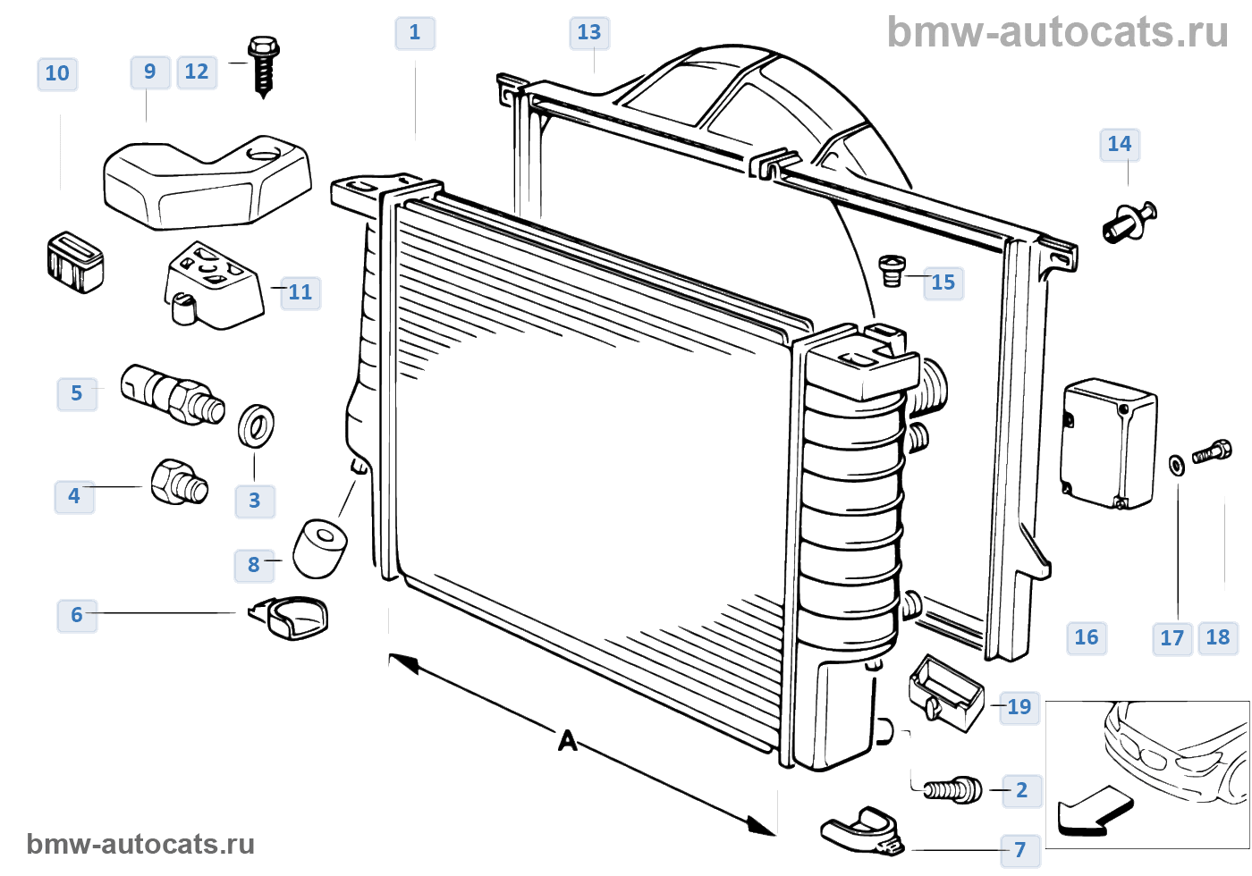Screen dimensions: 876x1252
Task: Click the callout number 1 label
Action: pos(415,33)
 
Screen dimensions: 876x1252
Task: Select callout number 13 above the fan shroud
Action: pos(589,33)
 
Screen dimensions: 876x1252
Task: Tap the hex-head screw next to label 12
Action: pos(263,64)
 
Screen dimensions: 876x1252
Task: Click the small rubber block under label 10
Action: pos(74,262)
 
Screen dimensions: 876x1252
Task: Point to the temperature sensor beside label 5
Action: pos(172,393)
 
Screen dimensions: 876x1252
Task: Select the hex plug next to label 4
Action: pos(180,483)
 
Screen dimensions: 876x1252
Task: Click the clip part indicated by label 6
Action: pos(291,618)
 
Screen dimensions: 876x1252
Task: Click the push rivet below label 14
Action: pos(1129,222)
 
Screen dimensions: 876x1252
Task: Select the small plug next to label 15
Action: pos(892,270)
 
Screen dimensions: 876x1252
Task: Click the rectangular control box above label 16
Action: pos(1107,443)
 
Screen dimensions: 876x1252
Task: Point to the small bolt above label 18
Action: pos(1213,451)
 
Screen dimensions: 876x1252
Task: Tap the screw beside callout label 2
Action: pos(952,790)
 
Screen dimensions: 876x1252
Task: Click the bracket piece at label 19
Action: pos(945,692)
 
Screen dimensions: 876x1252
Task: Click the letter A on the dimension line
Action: pos(568,741)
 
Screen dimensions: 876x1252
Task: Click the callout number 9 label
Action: pos(149,72)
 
